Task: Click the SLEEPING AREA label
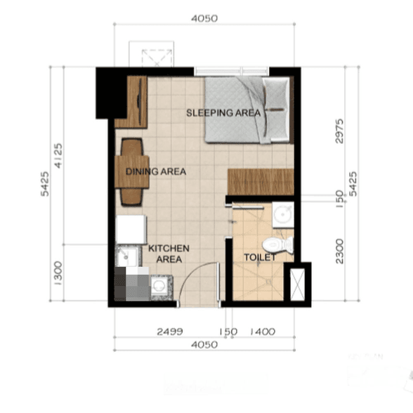(223, 112)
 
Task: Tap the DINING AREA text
(155, 171)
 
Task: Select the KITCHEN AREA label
(169, 254)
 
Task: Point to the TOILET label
(260, 258)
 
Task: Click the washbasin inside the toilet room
(284, 214)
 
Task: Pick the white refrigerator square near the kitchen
(131, 229)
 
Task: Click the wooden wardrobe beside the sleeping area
(131, 102)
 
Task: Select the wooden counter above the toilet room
(260, 182)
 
